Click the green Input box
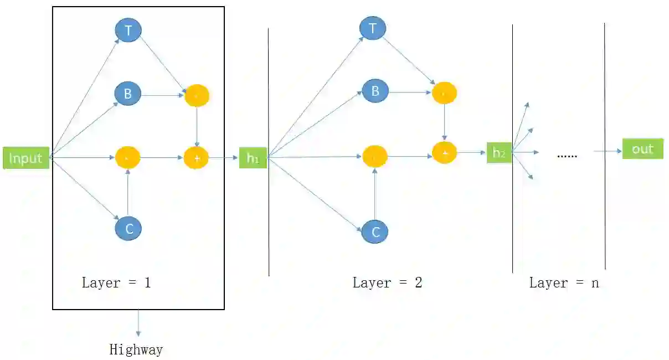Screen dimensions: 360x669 (26, 158)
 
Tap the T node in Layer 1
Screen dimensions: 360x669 (128, 30)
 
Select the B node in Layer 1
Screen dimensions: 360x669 (128, 94)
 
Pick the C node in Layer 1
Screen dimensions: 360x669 (128, 228)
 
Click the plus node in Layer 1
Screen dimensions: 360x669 (197, 158)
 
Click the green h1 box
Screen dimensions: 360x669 (253, 158)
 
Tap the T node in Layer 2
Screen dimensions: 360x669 (373, 28)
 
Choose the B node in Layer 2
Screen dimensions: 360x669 (375, 91)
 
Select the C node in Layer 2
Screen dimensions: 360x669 (375, 232)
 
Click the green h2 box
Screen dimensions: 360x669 (499, 152)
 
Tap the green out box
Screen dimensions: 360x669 (642, 149)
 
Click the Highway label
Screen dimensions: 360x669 (136, 350)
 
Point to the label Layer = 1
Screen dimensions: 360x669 (116, 282)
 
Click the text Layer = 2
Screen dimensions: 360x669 (387, 282)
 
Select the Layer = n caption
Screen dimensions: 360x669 (564, 282)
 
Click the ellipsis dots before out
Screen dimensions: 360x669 (567, 156)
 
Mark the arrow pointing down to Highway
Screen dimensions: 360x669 (138, 323)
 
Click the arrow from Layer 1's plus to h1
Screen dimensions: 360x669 (224, 158)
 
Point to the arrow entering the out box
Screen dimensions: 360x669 (608, 151)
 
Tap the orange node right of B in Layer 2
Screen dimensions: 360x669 (444, 93)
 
